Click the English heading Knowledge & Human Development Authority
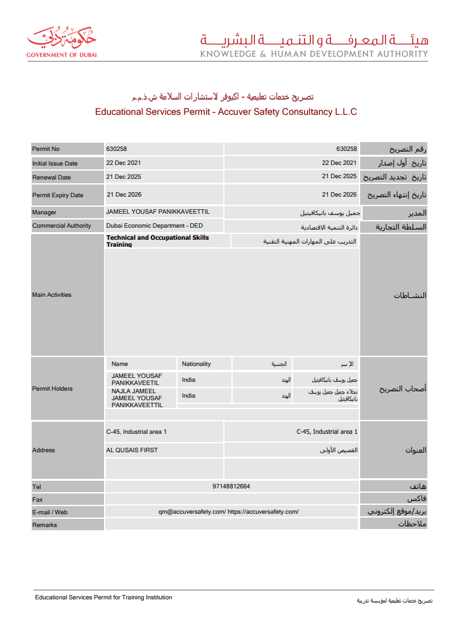(x=314, y=54)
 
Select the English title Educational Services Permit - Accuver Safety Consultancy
(x=226, y=112)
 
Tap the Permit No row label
(x=46, y=149)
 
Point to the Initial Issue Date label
(x=55, y=163)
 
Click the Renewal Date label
(x=51, y=178)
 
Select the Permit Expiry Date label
(x=58, y=195)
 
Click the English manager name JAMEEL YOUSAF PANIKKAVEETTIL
(x=158, y=212)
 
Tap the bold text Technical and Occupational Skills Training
(x=157, y=241)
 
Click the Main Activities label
(x=51, y=295)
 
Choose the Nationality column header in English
(x=197, y=364)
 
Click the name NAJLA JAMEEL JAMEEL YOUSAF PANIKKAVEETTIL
(x=137, y=398)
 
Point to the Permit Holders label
(x=53, y=389)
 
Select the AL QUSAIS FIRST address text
(x=133, y=450)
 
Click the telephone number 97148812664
(x=231, y=486)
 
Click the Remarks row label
(x=44, y=525)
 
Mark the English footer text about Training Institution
(x=103, y=597)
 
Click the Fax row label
(x=37, y=500)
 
